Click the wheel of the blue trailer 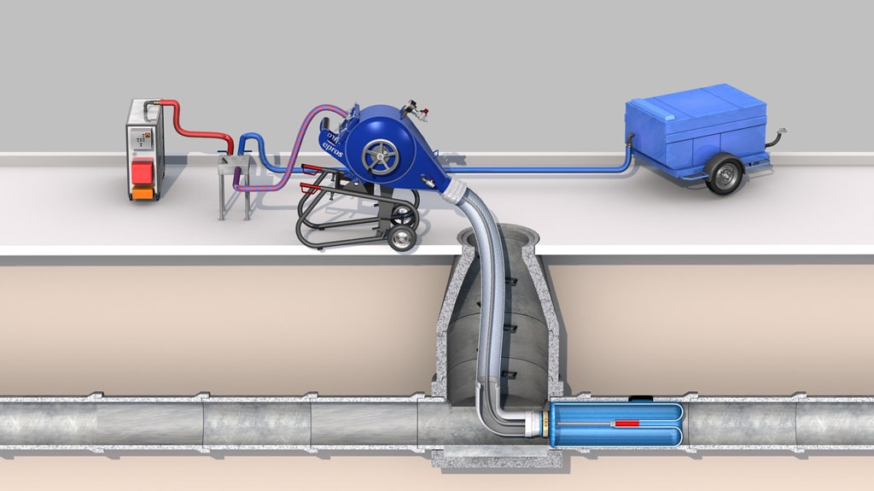point(724,175)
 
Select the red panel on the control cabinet point(142,171)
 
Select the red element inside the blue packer point(626,424)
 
